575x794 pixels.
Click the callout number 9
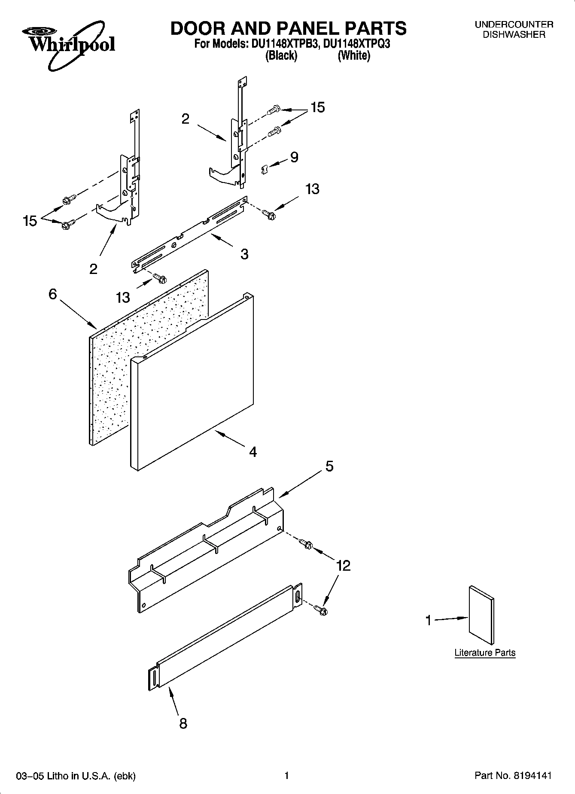tap(294, 157)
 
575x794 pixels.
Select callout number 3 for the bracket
tap(244, 254)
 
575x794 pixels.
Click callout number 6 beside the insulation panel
tap(52, 294)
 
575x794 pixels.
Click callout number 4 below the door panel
tap(253, 451)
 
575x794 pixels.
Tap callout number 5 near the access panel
tap(329, 466)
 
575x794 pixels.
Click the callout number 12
tap(344, 566)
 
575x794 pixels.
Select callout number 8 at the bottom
tap(183, 724)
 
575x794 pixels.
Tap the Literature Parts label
tap(485, 653)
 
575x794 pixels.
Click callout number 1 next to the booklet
tap(428, 621)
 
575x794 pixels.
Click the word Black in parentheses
tap(281, 55)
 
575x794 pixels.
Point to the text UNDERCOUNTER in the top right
tap(514, 25)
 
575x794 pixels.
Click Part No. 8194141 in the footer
tap(513, 776)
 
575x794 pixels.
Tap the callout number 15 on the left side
tap(30, 221)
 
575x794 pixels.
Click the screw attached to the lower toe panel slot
tap(320, 608)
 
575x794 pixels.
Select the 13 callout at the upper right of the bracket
tap(312, 189)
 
